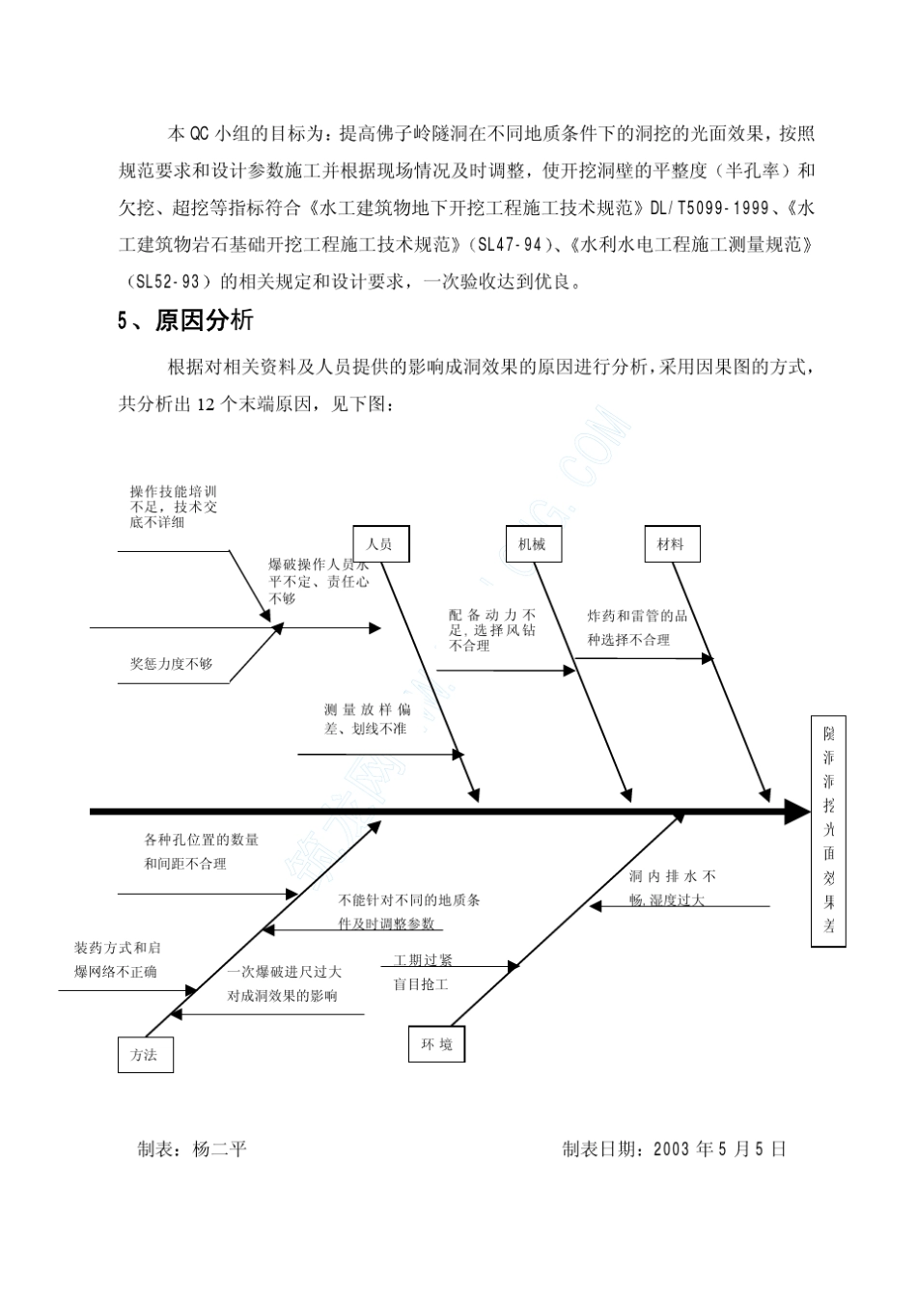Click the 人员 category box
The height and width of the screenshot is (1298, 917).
[x=380, y=544]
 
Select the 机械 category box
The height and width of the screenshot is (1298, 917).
[x=533, y=544]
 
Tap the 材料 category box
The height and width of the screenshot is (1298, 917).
[x=671, y=544]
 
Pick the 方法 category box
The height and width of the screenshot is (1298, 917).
[x=145, y=1055]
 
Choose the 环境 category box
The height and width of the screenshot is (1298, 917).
[x=435, y=1044]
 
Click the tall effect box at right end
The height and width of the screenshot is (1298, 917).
[x=828, y=831]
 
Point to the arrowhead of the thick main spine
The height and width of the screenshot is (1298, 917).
[x=798, y=813]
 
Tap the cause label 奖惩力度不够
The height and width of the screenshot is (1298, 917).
[x=171, y=664]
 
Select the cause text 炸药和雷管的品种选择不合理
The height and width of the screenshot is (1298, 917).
[x=637, y=627]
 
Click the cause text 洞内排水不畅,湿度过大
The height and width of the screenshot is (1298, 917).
[x=672, y=888]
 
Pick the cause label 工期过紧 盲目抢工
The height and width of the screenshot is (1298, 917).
[x=422, y=973]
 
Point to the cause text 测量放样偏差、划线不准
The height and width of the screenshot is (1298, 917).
[x=366, y=720]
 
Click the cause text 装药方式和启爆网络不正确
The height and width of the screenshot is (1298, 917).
[x=117, y=959]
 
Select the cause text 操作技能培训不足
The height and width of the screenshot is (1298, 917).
[x=174, y=507]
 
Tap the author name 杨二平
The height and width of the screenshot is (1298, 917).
[x=220, y=1149]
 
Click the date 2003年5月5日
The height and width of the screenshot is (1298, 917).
[x=720, y=1149]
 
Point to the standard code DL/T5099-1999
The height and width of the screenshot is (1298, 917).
[x=709, y=207]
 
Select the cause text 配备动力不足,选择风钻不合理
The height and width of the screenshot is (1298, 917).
[x=492, y=630]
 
